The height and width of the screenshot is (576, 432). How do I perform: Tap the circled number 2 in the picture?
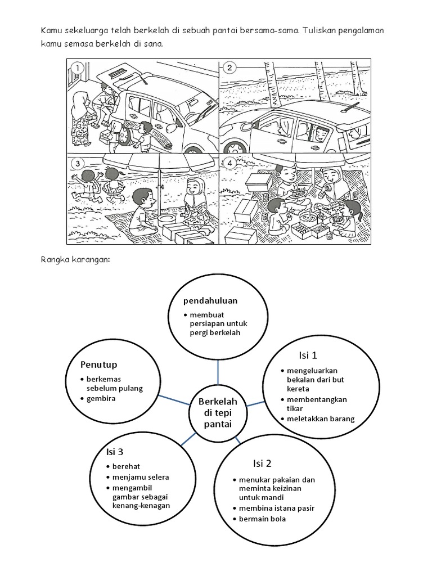click(229, 69)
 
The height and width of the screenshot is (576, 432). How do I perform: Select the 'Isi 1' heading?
click(308, 355)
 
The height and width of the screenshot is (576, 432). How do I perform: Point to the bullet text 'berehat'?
click(125, 466)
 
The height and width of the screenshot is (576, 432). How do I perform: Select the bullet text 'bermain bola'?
click(263, 519)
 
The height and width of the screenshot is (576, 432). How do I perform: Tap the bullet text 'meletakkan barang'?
click(321, 418)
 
